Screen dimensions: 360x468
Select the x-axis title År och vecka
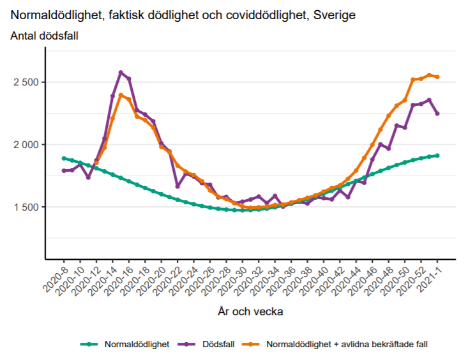(250, 312)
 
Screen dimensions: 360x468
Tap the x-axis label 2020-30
(232, 278)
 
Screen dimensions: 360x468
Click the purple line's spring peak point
(121, 73)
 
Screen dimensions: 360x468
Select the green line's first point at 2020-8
(64, 158)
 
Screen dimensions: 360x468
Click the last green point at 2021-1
(437, 155)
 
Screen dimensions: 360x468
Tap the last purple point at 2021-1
(437, 114)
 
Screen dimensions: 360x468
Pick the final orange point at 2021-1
(437, 77)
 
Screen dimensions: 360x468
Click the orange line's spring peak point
(121, 95)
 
